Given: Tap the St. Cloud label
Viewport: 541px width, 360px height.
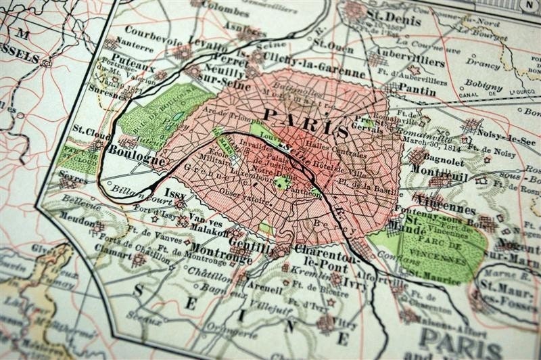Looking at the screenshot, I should click(x=87, y=129).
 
